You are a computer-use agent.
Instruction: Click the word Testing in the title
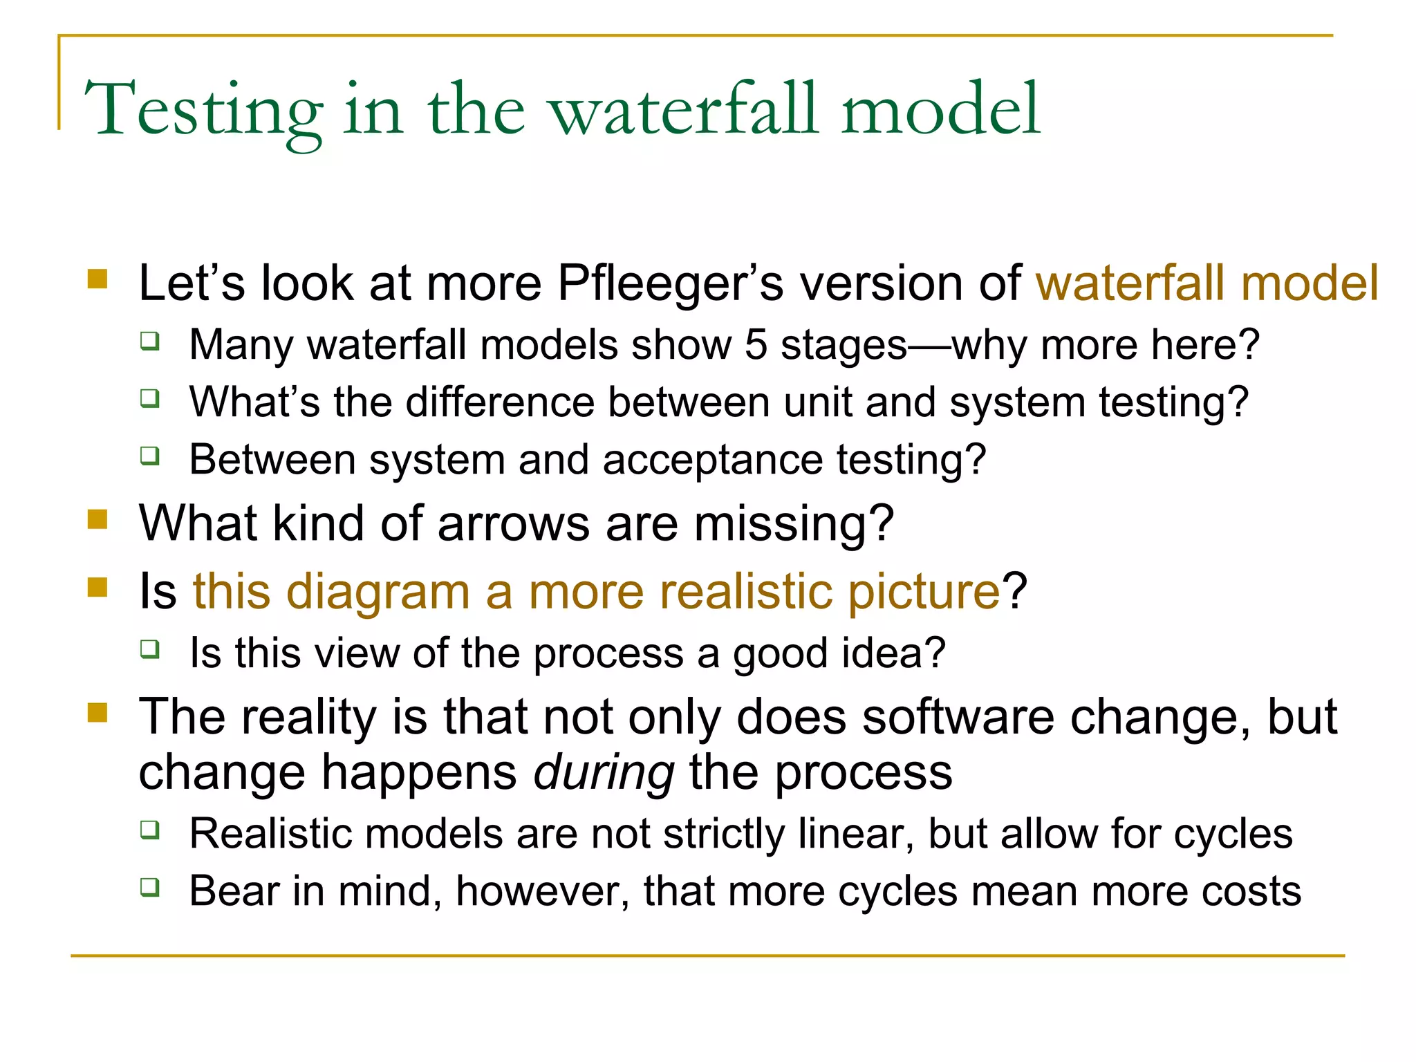[x=203, y=111]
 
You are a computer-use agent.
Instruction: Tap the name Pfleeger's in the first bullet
[x=670, y=283]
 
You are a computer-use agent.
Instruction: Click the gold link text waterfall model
[x=1207, y=283]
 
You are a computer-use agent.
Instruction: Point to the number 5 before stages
[x=756, y=344]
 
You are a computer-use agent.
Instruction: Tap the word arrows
[x=514, y=523]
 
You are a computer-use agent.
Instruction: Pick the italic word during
[x=604, y=772]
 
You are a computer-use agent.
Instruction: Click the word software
[x=958, y=717]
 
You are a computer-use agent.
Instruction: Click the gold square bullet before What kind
[x=98, y=519]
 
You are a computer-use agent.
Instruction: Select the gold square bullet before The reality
[x=98, y=712]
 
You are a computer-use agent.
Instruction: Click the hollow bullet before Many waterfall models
[x=150, y=341]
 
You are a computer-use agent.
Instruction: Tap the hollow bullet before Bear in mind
[x=150, y=887]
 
